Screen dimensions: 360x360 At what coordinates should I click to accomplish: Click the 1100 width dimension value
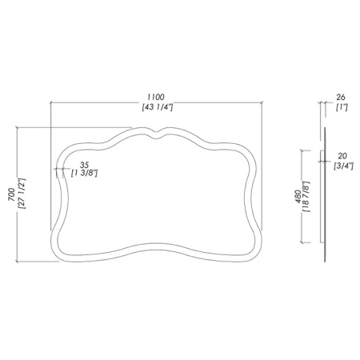(x=157, y=97)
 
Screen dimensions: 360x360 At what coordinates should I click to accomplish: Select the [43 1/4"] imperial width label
(x=158, y=107)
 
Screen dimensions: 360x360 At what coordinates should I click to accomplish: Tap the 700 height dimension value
(x=11, y=194)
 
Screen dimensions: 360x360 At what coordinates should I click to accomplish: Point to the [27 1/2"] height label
(x=22, y=194)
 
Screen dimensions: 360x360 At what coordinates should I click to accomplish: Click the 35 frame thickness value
(x=84, y=165)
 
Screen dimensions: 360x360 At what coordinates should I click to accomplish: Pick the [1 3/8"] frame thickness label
(x=84, y=174)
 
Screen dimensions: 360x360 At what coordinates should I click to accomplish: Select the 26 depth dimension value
(x=341, y=97)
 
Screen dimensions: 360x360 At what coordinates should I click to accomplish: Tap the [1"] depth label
(x=342, y=107)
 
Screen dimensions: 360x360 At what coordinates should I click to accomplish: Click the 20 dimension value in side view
(x=342, y=156)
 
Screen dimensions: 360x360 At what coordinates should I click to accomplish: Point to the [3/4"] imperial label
(x=343, y=166)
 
